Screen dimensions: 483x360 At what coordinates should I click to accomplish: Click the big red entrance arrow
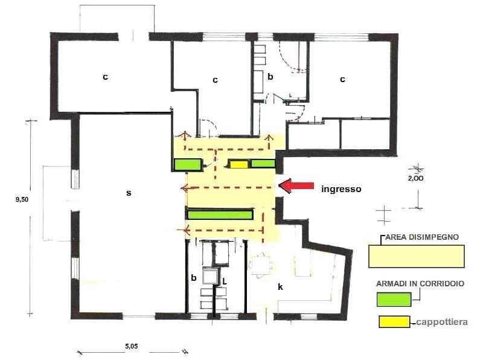(x=296, y=186)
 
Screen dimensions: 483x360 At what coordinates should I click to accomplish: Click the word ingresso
(x=341, y=189)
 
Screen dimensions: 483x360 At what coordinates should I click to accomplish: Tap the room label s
(x=129, y=193)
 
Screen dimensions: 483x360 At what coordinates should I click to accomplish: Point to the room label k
(x=280, y=287)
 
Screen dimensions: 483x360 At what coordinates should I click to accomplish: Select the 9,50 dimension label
(x=22, y=199)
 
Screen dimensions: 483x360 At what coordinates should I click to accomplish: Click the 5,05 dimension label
(x=131, y=346)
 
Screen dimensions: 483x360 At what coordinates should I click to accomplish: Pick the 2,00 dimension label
(x=415, y=178)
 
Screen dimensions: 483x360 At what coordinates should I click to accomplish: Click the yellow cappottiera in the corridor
(x=239, y=164)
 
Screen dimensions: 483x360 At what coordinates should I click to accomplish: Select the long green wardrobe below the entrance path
(x=220, y=214)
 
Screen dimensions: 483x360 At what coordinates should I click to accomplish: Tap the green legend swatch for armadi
(x=394, y=299)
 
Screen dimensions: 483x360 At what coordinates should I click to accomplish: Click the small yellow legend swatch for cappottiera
(x=394, y=322)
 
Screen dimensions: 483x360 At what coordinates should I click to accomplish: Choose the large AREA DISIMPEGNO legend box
(x=417, y=257)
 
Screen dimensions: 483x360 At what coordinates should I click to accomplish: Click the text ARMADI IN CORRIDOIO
(x=420, y=284)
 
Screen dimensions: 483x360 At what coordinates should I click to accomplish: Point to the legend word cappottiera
(x=442, y=322)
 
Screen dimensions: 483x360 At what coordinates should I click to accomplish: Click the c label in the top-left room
(x=105, y=77)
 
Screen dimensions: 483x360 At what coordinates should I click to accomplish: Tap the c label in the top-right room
(x=342, y=80)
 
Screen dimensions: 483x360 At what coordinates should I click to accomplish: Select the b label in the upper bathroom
(x=270, y=77)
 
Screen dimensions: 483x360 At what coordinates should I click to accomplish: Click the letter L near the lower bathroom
(x=225, y=281)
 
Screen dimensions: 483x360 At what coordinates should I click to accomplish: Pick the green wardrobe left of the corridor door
(x=188, y=164)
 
